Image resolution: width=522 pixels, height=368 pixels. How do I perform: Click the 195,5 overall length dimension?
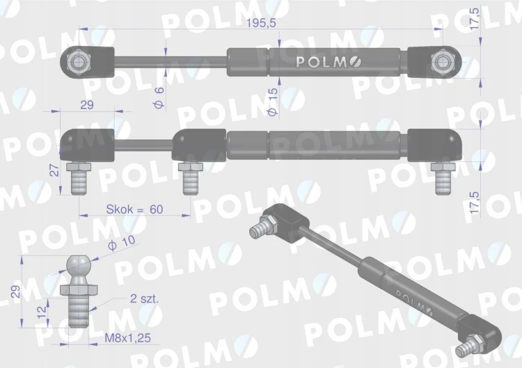click(261, 24)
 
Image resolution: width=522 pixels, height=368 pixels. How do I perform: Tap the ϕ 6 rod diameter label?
click(159, 98)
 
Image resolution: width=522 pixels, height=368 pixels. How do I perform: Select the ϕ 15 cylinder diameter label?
click(272, 102)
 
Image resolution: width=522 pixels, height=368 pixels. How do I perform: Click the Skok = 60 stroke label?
click(134, 209)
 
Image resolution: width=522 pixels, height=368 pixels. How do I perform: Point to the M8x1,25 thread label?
click(128, 338)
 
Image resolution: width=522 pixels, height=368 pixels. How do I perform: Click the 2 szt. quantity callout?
click(144, 298)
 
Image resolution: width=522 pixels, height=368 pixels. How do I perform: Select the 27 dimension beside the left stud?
click(54, 170)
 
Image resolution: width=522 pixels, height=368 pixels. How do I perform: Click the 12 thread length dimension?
click(42, 312)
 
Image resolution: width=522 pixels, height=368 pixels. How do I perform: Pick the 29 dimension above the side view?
click(87, 105)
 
